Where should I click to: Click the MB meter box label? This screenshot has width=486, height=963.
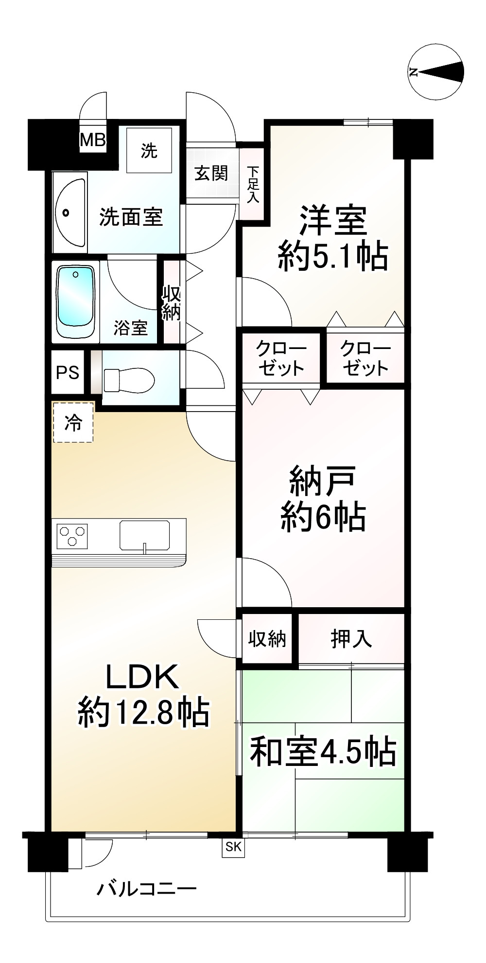(92, 140)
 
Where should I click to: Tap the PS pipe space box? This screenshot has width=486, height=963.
(68, 372)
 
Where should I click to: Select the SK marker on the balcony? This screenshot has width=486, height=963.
(233, 847)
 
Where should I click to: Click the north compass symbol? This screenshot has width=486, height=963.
(436, 72)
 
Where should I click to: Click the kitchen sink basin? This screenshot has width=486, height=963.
(145, 535)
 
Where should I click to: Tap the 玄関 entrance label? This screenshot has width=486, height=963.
(211, 173)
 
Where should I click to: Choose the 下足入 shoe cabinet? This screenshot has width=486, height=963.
(253, 185)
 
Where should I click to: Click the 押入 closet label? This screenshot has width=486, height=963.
(351, 639)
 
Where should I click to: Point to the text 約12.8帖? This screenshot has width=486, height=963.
(144, 712)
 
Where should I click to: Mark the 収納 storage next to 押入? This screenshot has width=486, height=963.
(267, 639)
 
